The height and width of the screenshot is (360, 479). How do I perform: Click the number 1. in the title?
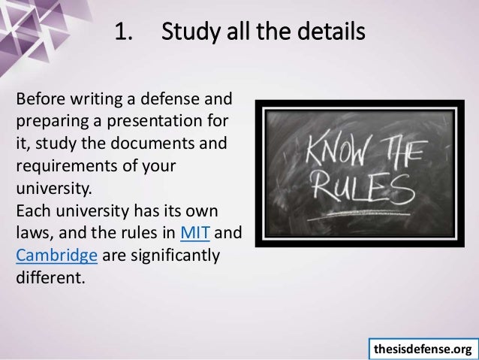123,34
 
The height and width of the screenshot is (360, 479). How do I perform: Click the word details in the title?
330,34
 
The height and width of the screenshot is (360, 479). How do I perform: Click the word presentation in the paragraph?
163,119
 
